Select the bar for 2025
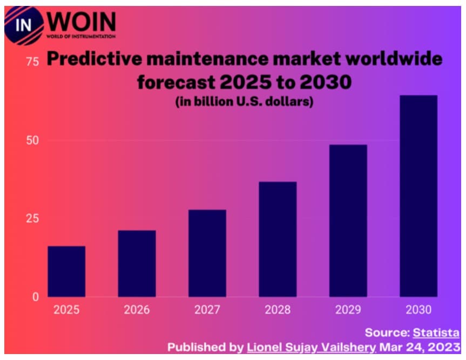tap(66, 271)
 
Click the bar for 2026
tap(137, 263)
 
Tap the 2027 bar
tap(207, 253)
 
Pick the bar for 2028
tap(278, 239)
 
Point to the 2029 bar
tap(348, 221)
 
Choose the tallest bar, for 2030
tap(418, 196)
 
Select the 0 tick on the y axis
tap(35, 297)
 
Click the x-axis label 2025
tap(66, 310)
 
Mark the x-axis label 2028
tap(278, 310)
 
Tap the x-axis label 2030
tap(418, 310)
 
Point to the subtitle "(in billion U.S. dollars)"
tap(245, 101)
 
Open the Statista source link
tap(436, 332)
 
